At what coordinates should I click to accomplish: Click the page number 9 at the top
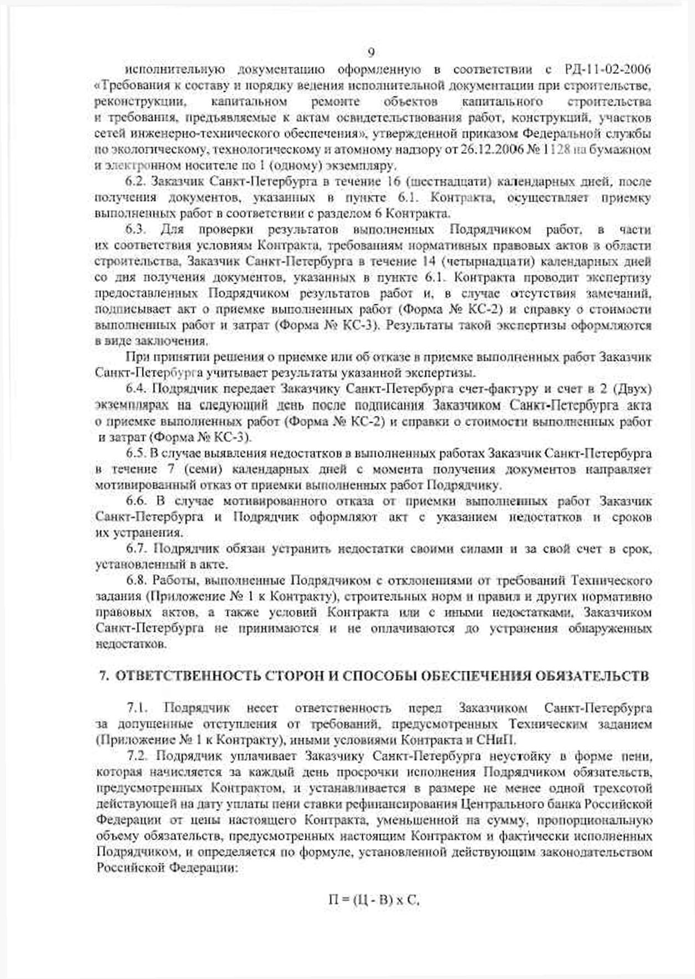coord(371,53)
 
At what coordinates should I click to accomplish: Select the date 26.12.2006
coord(481,150)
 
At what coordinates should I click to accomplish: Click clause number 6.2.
coord(136,182)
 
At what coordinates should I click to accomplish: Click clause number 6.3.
coord(136,230)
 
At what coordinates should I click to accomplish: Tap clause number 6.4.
coord(136,389)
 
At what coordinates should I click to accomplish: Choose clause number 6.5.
coord(136,453)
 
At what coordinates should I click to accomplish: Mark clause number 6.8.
coord(136,581)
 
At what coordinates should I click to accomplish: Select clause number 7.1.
coord(137,709)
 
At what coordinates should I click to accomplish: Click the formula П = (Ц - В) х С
coord(374,900)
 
